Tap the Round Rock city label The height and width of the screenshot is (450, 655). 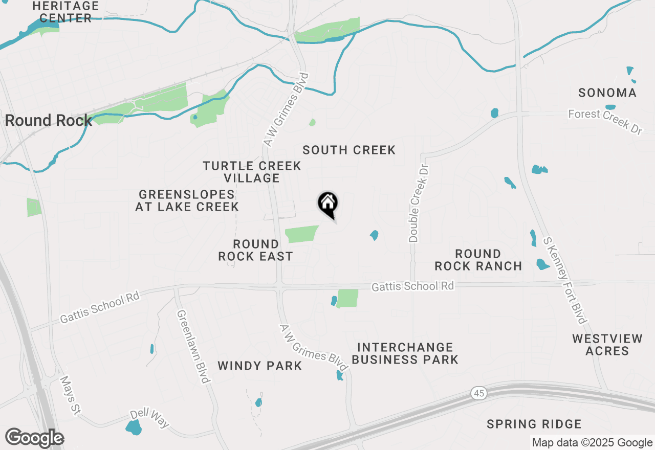(48, 121)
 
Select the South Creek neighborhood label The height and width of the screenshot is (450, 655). (349, 150)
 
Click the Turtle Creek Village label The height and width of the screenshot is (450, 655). (252, 172)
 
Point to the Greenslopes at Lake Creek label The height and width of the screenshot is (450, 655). (187, 200)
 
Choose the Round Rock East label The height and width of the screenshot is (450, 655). (255, 250)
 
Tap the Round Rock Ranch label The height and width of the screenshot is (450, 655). (478, 260)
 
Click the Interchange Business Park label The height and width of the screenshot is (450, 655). (405, 353)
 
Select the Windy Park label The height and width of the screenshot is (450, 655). (259, 366)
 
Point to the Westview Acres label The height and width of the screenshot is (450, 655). (607, 345)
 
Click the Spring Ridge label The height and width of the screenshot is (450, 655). (534, 424)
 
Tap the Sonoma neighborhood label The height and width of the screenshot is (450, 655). (607, 93)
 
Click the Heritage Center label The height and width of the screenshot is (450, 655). (65, 12)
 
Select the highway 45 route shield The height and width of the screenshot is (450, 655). (478, 393)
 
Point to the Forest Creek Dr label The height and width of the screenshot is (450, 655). (605, 122)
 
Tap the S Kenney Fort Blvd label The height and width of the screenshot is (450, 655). (564, 280)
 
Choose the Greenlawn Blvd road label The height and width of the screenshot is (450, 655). (193, 346)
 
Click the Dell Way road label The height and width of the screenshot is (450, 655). (149, 418)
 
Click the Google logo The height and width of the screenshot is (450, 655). (34, 438)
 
